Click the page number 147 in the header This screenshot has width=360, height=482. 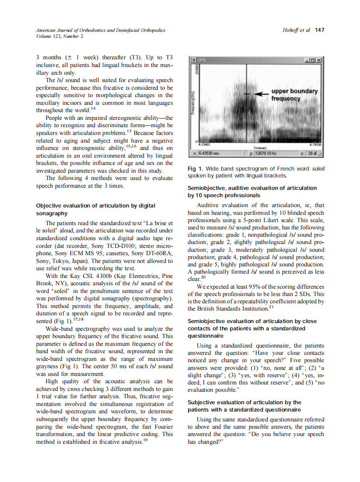click(x=320, y=30)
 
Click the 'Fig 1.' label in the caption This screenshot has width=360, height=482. click(x=196, y=169)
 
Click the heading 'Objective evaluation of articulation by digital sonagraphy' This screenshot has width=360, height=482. click(x=96, y=209)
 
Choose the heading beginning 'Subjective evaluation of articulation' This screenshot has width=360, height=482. click(x=245, y=406)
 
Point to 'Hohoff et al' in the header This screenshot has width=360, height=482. click(x=297, y=30)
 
